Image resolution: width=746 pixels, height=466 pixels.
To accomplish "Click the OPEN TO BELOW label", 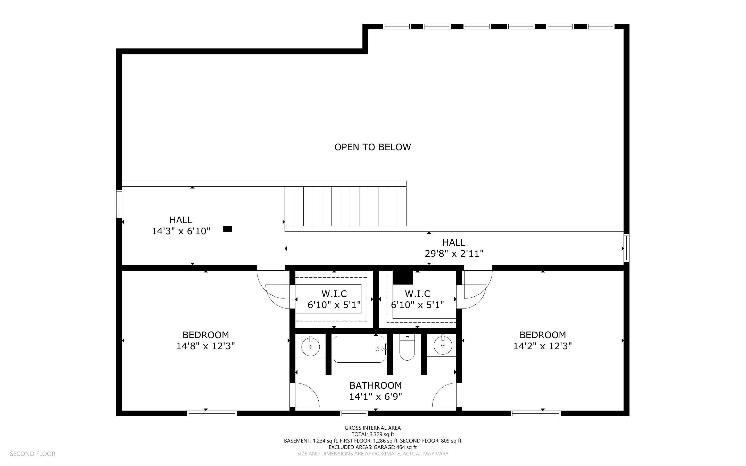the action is click(x=372, y=147).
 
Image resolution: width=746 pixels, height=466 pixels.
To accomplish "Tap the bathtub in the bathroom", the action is click(x=359, y=349).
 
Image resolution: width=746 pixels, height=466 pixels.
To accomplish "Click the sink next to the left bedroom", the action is click(x=311, y=346).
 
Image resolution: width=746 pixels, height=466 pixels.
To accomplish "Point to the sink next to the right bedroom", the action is click(x=443, y=345).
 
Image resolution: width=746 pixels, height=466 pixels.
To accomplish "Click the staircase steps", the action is click(x=345, y=206).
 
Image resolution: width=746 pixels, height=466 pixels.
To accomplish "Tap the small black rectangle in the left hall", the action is click(x=227, y=229).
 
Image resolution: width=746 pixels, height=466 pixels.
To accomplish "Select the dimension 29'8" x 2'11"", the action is click(x=454, y=254).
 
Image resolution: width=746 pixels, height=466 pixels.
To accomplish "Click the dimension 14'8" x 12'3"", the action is click(x=205, y=346).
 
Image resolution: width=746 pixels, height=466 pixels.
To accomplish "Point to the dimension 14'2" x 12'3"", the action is click(x=542, y=346).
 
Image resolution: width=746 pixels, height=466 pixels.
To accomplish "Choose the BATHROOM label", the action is click(x=376, y=385).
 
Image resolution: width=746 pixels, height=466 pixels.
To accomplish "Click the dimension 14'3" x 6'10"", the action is click(x=181, y=231).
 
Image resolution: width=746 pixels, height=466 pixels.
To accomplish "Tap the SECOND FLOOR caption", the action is click(x=33, y=454).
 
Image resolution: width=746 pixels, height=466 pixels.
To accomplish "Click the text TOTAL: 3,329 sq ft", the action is click(x=373, y=434).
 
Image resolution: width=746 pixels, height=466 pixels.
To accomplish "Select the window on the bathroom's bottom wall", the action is click(x=354, y=413).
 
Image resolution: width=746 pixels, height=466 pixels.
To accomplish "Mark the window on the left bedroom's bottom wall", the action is click(x=212, y=413).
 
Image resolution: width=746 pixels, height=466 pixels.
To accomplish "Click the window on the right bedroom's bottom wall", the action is click(x=536, y=413).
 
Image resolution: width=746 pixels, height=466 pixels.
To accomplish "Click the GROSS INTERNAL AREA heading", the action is click(x=372, y=428).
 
